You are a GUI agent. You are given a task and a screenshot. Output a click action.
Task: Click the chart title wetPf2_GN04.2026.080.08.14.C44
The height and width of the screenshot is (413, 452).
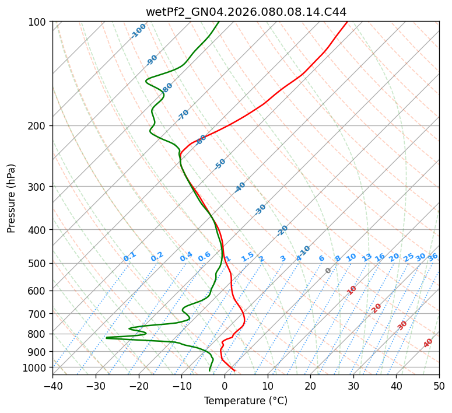(x=246, y=12)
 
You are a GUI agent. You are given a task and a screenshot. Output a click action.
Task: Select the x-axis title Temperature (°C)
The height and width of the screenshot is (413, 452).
(x=246, y=401)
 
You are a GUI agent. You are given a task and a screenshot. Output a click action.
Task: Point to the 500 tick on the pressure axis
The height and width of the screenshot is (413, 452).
(x=39, y=264)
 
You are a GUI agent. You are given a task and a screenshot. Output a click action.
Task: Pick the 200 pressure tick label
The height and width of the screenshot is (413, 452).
(x=39, y=126)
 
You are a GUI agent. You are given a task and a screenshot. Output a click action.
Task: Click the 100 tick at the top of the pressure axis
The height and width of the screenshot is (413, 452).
(x=39, y=22)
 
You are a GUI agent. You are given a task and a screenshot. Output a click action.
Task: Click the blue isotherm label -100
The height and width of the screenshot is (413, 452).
(x=138, y=31)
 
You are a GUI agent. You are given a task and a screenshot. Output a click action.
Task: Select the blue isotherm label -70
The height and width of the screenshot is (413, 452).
(x=183, y=115)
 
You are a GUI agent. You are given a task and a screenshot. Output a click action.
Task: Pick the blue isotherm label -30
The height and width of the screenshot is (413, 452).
(x=260, y=209)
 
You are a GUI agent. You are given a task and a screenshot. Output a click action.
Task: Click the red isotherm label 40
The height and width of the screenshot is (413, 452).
(x=428, y=343)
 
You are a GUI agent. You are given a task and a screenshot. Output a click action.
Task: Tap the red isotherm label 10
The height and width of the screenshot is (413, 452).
(x=352, y=290)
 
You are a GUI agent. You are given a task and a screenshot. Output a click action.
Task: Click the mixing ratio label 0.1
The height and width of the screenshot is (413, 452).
(x=129, y=256)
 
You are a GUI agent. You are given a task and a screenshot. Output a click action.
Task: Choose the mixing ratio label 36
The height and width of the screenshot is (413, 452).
(x=433, y=257)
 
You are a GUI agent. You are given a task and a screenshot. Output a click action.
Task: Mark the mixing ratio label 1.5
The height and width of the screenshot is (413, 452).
(x=247, y=256)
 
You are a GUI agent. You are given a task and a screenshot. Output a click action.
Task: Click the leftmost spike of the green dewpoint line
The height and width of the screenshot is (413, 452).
(x=106, y=337)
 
